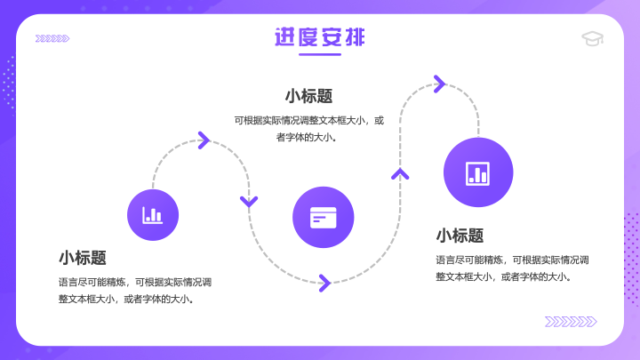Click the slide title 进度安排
pos(320,37)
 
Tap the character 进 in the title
pos(285,37)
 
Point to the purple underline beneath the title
pos(320,54)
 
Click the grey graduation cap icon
pos(593,38)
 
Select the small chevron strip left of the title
pos(52,38)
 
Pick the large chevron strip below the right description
pos(571,322)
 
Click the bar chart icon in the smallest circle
pos(152,215)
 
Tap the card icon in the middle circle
pos(324,218)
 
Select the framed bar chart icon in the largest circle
pos(478,173)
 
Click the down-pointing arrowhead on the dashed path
pos(249,201)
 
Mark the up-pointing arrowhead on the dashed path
pos(400,174)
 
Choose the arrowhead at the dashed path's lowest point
pos(325,283)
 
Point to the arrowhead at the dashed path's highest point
pos(440,84)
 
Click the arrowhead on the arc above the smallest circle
pos(204,140)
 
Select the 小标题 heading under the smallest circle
pos(83,258)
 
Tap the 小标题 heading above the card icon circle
pos(308,96)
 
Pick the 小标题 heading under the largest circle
pos(460,236)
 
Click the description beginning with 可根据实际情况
pos(309,129)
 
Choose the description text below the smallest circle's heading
pos(135,291)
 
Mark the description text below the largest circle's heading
pos(512,268)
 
